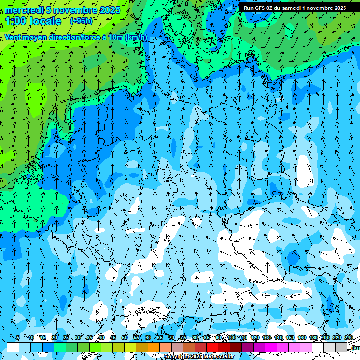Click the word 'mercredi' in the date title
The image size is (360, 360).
tap(22, 10)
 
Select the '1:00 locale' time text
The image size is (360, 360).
tap(33, 21)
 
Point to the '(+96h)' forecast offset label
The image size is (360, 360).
tap(81, 21)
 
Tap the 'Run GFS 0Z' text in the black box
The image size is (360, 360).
tap(258, 8)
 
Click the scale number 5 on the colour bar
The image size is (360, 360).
tap(18, 338)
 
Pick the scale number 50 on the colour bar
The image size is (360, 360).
tap(125, 338)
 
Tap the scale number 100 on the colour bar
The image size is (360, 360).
tap(232, 338)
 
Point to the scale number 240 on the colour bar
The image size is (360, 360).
tap(349, 338)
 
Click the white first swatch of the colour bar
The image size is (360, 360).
tap(13, 347)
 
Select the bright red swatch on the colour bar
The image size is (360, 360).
tap(212, 347)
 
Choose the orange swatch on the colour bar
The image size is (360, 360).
tap(154, 347)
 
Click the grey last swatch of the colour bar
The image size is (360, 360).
tap(341, 347)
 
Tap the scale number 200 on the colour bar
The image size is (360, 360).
tap(325, 338)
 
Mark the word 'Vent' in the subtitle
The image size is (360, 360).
tap(14, 37)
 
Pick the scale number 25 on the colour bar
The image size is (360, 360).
tap(66, 338)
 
